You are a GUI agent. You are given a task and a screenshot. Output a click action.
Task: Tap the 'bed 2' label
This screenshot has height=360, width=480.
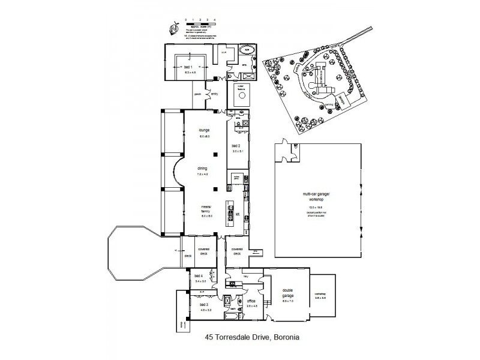click(236, 146)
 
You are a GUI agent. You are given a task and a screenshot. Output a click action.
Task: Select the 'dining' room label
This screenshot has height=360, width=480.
click(203, 169)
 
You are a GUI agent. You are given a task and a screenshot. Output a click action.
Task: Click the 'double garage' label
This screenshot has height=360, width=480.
click(288, 295)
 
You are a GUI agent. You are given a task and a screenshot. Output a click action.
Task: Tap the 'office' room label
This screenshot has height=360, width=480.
click(251, 302)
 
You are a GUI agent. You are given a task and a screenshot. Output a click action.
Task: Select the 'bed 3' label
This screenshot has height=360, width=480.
click(204, 305)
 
